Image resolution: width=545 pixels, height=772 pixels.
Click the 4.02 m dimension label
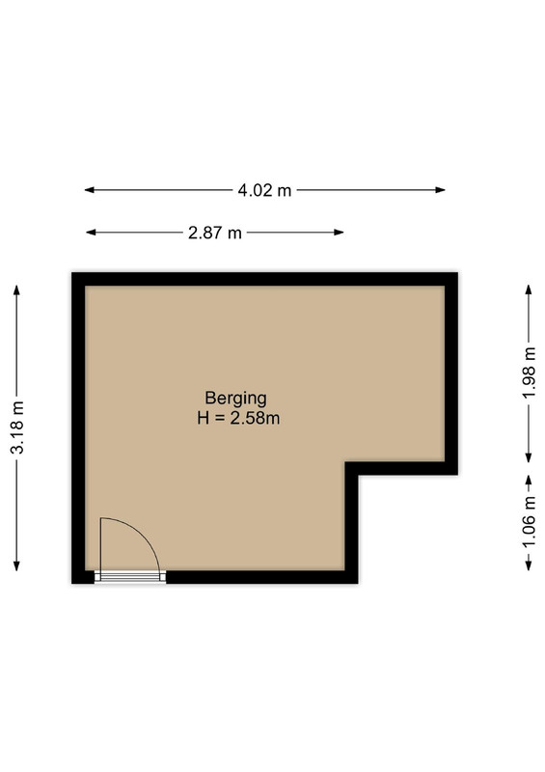[264, 190]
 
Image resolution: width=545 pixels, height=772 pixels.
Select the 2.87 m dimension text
[215, 233]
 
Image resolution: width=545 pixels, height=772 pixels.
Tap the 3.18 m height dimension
[17, 427]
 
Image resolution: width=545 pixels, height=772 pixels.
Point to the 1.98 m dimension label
[529, 372]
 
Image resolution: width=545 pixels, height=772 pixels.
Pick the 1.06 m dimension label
[529, 523]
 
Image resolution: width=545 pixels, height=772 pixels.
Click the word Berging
[235, 398]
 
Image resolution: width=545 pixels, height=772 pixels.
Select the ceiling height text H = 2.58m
[238, 418]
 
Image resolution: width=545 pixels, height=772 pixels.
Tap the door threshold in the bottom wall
[130, 576]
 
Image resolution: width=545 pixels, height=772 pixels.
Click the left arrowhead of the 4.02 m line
[89, 190]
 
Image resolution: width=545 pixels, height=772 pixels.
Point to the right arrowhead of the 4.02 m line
[440, 190]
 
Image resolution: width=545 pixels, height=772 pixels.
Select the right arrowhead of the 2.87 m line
[339, 233]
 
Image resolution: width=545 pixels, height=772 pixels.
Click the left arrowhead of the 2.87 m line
[91, 233]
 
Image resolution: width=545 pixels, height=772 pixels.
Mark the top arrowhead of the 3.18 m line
[16, 290]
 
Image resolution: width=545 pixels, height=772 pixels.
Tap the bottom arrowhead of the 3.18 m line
[16, 565]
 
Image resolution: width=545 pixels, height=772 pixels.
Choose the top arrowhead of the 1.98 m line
[529, 289]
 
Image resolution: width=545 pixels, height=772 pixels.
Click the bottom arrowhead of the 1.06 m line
[529, 565]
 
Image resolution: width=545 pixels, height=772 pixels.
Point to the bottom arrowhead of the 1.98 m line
[529, 457]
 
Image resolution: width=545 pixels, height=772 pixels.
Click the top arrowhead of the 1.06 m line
[529, 480]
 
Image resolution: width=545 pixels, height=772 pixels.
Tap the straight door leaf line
[100, 545]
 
